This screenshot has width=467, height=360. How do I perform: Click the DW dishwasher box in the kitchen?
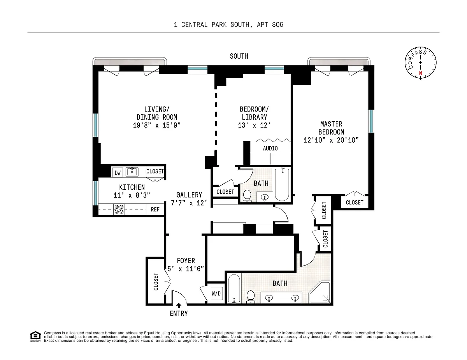pos(118,172)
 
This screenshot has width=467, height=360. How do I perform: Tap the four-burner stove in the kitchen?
pos(119,209)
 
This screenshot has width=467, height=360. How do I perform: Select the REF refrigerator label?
pos(155,209)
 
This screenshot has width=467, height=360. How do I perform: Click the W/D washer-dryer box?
pos(216,294)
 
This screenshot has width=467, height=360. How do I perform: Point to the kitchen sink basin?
pos(132,172)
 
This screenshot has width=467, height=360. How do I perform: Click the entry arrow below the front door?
pos(179,306)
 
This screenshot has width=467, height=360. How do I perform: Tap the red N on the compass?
pos(421,73)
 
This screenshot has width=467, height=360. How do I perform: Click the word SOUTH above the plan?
pos(239,56)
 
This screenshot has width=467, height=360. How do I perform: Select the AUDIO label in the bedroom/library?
pos(270,149)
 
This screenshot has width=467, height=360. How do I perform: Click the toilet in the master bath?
pos(251,297)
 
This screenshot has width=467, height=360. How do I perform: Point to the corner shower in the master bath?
pos(320,292)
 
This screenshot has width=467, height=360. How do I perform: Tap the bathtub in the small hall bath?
pos(282,184)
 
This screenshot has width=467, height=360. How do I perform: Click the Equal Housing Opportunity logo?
pos(35,336)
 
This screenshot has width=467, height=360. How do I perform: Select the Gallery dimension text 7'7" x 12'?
pos(189,203)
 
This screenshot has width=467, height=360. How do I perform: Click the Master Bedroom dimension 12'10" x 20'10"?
pos(331,140)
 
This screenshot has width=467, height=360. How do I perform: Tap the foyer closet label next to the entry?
pos(156,282)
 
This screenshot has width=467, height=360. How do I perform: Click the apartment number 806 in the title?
pos(277,25)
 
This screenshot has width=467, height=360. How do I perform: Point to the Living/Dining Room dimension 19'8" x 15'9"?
pos(157,125)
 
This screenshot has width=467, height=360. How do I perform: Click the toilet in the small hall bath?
pos(247,196)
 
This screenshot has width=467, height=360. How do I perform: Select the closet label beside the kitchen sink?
pos(155,171)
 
